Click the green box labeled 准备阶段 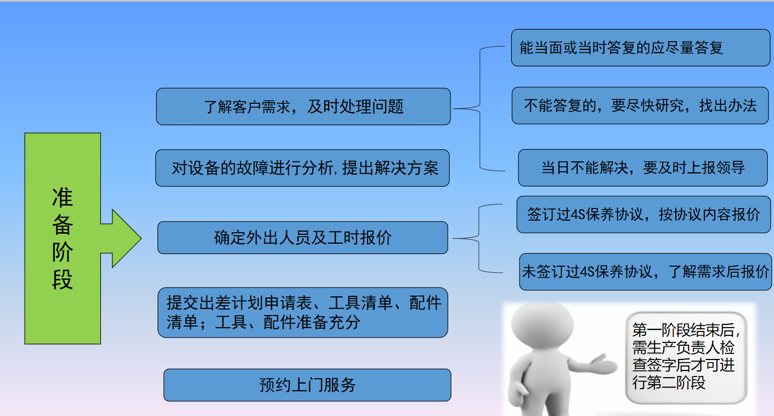click(63, 238)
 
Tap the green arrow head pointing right click(126, 238)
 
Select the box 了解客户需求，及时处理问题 click(303, 106)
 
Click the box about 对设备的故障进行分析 click(302, 168)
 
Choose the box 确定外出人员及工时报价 click(303, 238)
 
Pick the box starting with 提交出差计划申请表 click(303, 313)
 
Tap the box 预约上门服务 click(307, 385)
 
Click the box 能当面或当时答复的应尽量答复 click(641, 48)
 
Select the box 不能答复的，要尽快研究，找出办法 click(640, 105)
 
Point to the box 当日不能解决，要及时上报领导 click(643, 168)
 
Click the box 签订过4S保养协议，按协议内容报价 click(643, 215)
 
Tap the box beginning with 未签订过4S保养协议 click(645, 272)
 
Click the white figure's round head click(542, 325)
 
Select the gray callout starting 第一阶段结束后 click(686, 358)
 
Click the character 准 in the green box click(63, 198)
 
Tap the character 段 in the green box click(63, 279)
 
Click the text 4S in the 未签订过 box click(587, 272)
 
